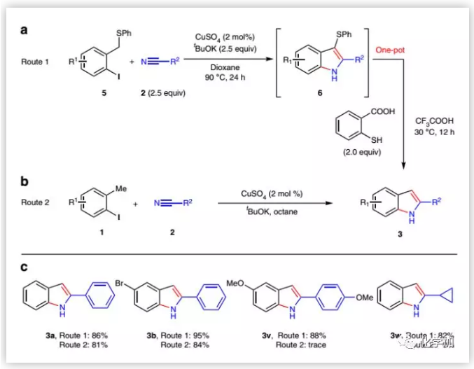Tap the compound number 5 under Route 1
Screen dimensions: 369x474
tap(104, 93)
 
